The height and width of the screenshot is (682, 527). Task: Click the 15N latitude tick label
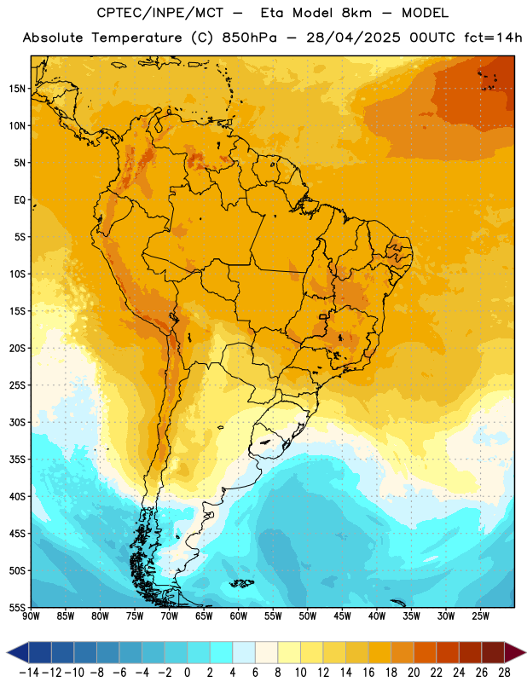pyautogui.click(x=17, y=89)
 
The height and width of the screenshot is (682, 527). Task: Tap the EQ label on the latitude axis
pyautogui.click(x=20, y=200)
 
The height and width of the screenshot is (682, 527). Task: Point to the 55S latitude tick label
pyautogui.click(x=17, y=607)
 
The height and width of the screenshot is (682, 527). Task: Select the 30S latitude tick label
pyautogui.click(x=17, y=422)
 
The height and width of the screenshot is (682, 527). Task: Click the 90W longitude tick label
pyautogui.click(x=31, y=616)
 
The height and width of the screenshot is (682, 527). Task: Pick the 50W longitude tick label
pyautogui.click(x=308, y=616)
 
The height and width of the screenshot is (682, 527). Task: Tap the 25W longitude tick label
pyautogui.click(x=480, y=616)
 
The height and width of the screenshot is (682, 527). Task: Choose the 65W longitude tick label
pyautogui.click(x=204, y=616)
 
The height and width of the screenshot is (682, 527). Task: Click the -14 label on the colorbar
pyautogui.click(x=29, y=673)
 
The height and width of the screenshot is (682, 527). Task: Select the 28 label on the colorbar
pyautogui.click(x=504, y=673)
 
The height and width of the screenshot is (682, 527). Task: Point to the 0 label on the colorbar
pyautogui.click(x=187, y=673)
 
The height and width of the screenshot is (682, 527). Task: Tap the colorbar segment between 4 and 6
pyautogui.click(x=244, y=652)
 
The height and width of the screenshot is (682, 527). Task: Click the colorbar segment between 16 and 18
pyautogui.click(x=379, y=652)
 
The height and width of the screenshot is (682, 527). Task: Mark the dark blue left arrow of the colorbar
pyautogui.click(x=17, y=652)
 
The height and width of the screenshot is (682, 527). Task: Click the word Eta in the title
pyautogui.click(x=271, y=13)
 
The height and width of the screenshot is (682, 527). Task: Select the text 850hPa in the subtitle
pyautogui.click(x=249, y=38)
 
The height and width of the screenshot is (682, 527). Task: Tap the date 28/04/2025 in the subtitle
pyautogui.click(x=353, y=38)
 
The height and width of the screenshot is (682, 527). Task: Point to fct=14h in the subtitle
pyautogui.click(x=493, y=38)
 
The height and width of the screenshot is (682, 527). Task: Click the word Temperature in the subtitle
pyautogui.click(x=136, y=38)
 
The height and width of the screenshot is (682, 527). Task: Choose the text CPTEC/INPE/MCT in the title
pyautogui.click(x=160, y=13)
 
